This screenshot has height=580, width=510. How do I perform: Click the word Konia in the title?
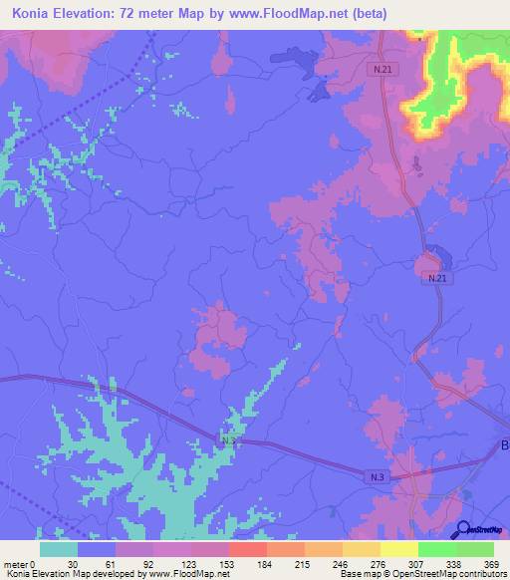tap(36, 14)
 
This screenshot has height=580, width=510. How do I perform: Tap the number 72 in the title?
tap(145, 14)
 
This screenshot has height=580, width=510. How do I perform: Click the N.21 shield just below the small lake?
tap(431, 278)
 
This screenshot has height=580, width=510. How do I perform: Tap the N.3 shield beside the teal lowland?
tap(229, 439)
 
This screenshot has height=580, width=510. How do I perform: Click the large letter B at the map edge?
tap(503, 443)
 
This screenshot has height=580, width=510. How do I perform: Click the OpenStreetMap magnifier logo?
tap(462, 529)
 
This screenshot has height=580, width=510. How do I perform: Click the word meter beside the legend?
tap(14, 563)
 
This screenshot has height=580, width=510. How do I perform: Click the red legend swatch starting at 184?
tap(247, 549)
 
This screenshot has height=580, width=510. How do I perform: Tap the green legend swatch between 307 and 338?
tap(436, 549)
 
